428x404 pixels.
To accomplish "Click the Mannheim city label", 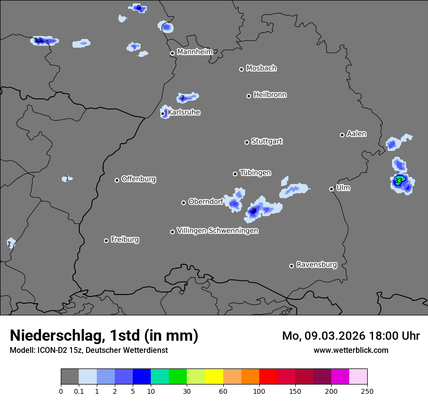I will [x=195, y=52].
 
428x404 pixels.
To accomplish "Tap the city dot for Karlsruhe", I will [x=163, y=114].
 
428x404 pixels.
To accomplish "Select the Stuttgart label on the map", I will [x=267, y=141].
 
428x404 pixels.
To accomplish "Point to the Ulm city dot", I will [x=331, y=189].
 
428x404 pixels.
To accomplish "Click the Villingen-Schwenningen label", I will [x=217, y=231].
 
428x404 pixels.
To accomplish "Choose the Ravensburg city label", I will [x=317, y=265].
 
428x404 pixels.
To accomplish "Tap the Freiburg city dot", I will [x=106, y=240].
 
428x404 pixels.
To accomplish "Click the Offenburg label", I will [x=139, y=179].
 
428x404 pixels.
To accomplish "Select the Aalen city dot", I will [x=342, y=135].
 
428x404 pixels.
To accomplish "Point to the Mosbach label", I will [x=261, y=68].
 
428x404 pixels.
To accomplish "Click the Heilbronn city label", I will [x=270, y=95].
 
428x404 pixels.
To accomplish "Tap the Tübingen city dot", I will [x=235, y=174].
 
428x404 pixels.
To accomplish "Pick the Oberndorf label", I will [x=206, y=202].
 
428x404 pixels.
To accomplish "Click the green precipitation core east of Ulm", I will [x=399, y=180].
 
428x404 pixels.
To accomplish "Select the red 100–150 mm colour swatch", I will [x=268, y=377].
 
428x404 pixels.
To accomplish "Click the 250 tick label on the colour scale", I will [x=367, y=391].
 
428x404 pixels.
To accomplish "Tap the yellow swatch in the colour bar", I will [x=214, y=377].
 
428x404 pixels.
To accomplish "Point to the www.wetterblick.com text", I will [x=351, y=350].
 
